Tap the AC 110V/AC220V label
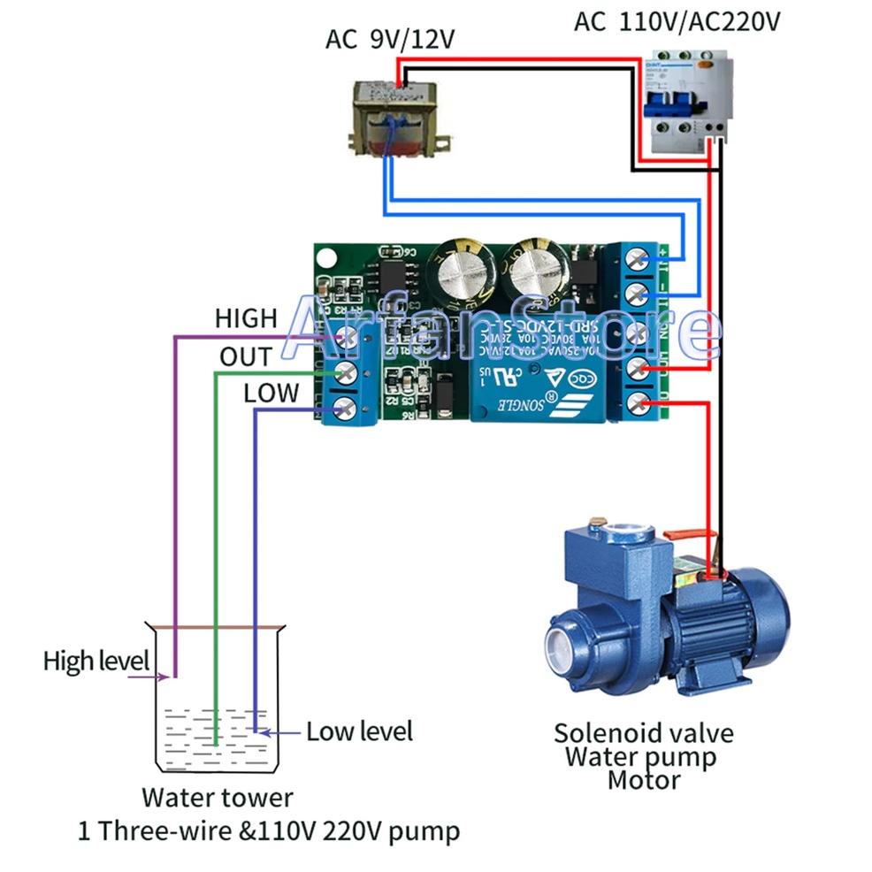pos(677,21)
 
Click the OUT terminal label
pos(246,356)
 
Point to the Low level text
pos(359,731)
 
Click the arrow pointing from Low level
pos(285,732)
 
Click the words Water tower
pos(217,797)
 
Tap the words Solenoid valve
pos(643,733)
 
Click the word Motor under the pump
pos(643,780)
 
